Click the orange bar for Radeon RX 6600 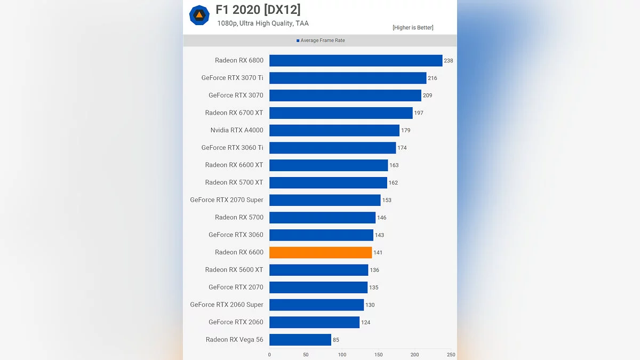click(x=321, y=252)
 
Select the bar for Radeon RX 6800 click(x=356, y=60)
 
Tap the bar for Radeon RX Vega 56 click(x=300, y=340)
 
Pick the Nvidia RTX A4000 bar click(x=334, y=130)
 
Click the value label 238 click(x=449, y=61)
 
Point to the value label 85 click(x=336, y=340)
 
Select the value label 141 click(x=378, y=253)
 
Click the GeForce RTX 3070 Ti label click(x=232, y=78)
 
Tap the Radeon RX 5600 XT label click(x=234, y=270)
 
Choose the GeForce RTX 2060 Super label click(x=227, y=305)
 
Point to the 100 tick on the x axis click(x=342, y=355)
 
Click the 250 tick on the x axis click(x=451, y=355)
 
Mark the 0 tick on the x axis click(x=269, y=355)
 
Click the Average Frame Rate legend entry click(x=321, y=41)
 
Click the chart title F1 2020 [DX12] click(x=258, y=10)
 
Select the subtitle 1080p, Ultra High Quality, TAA click(x=263, y=23)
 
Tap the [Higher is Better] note click(x=413, y=28)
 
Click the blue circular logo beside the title click(x=199, y=15)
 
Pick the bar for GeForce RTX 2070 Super click(x=325, y=200)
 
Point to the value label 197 click(x=419, y=113)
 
